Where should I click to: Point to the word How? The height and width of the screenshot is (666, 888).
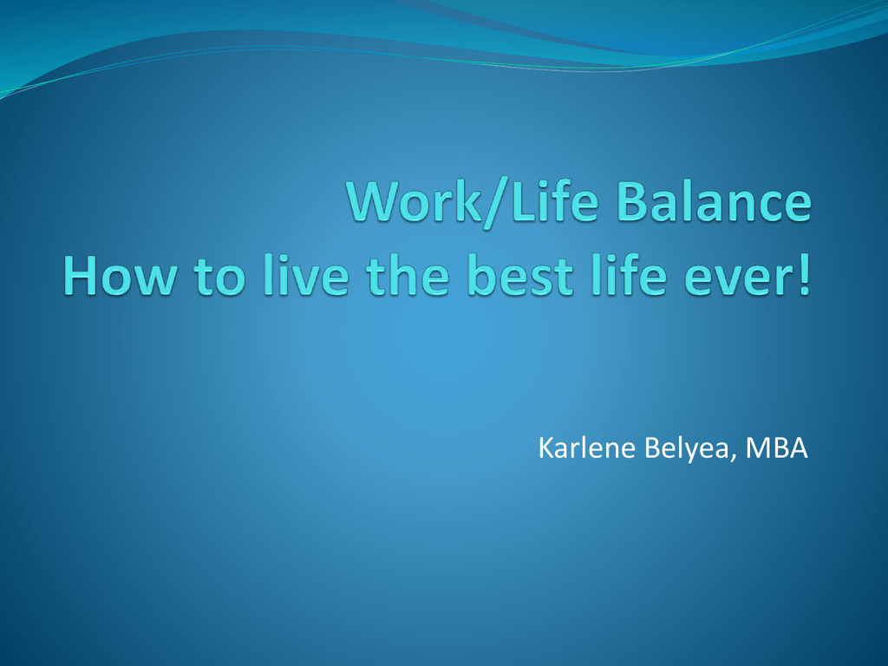click(x=120, y=276)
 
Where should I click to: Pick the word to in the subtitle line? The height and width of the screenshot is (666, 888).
click(x=219, y=278)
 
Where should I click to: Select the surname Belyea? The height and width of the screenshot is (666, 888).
click(x=687, y=450)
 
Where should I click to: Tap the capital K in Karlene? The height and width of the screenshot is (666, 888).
click(x=546, y=448)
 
